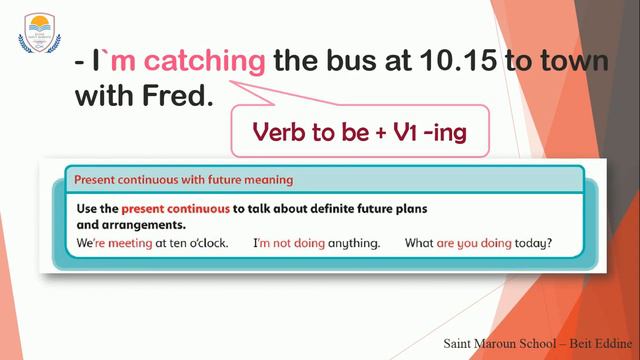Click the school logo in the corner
point(39,33)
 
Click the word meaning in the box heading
point(264,181)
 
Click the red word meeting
point(127,243)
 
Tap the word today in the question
point(531,243)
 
